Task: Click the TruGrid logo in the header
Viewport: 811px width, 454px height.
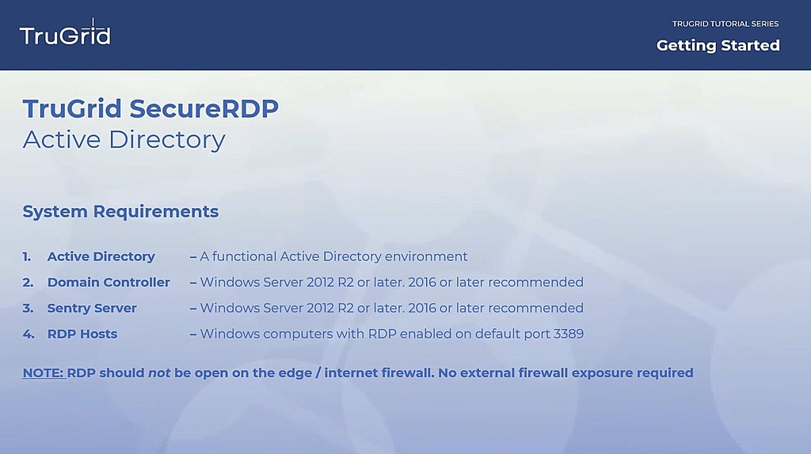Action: click(65, 36)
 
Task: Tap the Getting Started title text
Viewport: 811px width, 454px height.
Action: click(718, 46)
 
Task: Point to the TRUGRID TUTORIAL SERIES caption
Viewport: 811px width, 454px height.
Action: click(725, 24)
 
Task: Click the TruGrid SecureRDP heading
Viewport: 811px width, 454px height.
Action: click(150, 108)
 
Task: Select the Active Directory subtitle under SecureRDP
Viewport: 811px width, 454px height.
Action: click(124, 139)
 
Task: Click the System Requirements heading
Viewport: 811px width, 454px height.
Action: click(120, 211)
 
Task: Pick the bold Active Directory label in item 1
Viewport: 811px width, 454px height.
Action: click(101, 256)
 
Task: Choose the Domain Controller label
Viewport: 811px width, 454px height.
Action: click(109, 282)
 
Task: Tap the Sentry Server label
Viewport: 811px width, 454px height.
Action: click(92, 308)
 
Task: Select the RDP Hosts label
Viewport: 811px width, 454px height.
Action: click(82, 334)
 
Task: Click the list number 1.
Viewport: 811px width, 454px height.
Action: click(27, 256)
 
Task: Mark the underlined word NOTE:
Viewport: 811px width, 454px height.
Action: click(43, 373)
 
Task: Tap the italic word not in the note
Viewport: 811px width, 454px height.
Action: click(159, 373)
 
